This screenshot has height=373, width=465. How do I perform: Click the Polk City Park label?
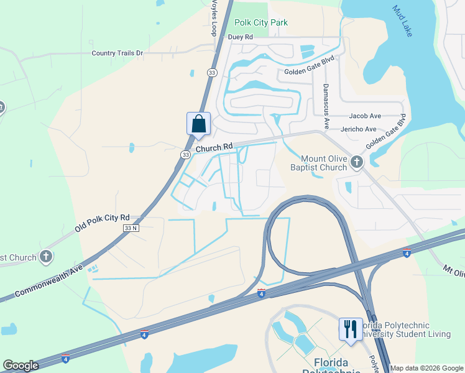click(x=261, y=23)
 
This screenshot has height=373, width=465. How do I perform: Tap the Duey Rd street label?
click(x=240, y=37)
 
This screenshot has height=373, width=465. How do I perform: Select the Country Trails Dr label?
click(x=117, y=53)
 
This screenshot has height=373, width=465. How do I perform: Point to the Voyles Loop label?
click(x=214, y=18)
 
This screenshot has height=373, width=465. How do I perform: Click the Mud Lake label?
click(x=402, y=21)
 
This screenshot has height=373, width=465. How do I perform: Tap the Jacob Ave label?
click(x=365, y=116)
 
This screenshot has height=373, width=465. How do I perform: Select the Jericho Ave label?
click(x=359, y=129)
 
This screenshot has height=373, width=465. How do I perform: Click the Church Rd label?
click(x=214, y=147)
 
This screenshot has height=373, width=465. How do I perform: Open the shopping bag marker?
click(x=198, y=123)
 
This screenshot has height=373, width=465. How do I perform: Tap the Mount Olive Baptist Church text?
click(x=324, y=163)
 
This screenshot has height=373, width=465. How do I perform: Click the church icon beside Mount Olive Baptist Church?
click(x=356, y=162)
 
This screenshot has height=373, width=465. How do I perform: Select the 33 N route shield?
click(x=131, y=228)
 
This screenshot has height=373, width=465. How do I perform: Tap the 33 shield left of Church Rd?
click(x=185, y=154)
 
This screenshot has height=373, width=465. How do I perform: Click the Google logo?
click(x=21, y=366)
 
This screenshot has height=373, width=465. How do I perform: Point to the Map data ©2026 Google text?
click(x=426, y=368)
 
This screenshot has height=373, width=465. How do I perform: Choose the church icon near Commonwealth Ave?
click(x=45, y=257)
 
